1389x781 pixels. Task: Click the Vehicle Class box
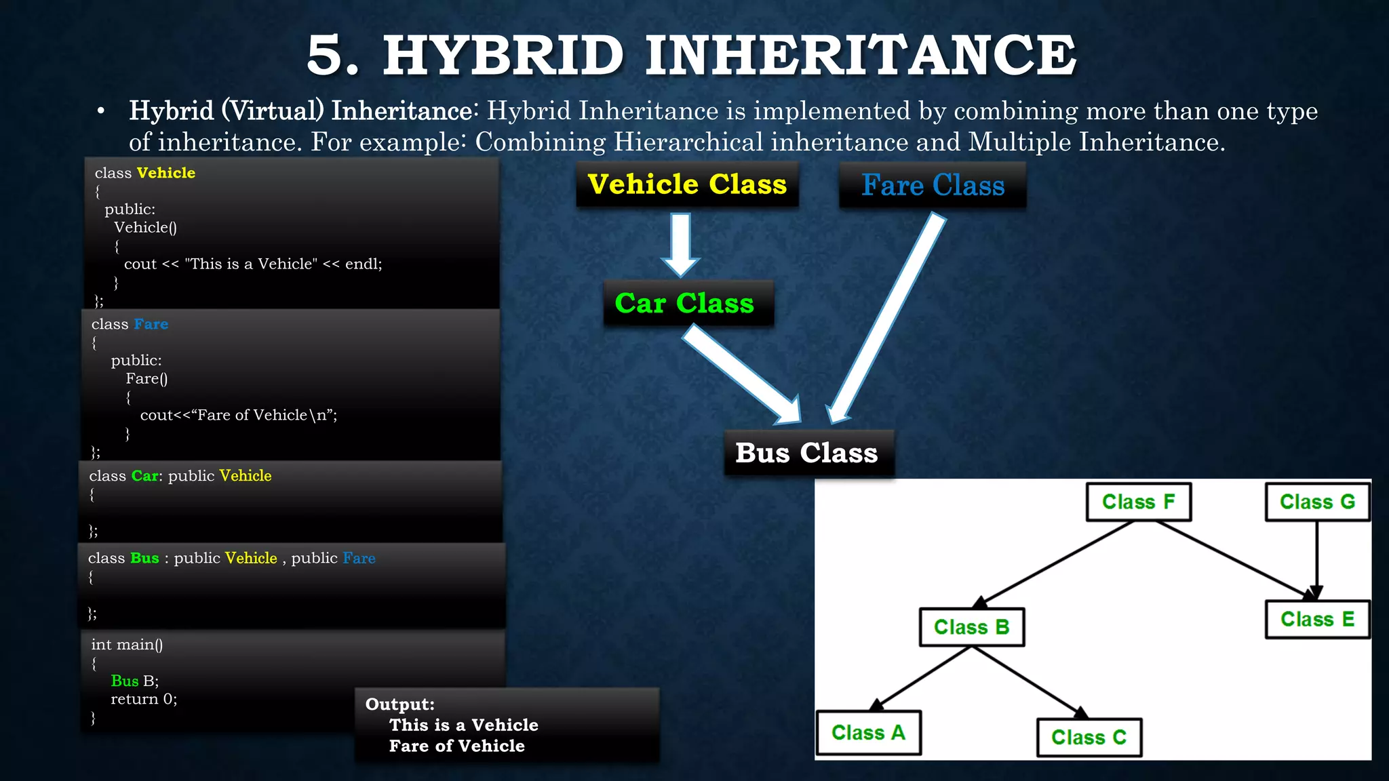[687, 184]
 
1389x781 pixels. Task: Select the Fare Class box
[933, 185]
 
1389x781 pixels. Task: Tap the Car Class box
[685, 303]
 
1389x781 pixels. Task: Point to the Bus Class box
[807, 453]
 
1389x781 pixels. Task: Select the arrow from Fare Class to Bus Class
[885, 319]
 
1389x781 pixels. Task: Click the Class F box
[1138, 502]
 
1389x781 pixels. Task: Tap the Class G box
[1317, 502]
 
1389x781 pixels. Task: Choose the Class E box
[1317, 619]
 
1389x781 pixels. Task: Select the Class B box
[971, 627]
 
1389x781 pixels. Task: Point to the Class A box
[868, 733]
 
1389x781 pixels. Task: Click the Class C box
[1089, 737]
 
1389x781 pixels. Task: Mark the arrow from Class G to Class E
[1317, 556]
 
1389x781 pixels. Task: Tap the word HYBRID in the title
[503, 56]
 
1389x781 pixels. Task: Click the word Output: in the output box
[399, 704]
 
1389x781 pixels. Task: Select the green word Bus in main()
[125, 681]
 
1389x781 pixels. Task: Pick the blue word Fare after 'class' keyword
[151, 324]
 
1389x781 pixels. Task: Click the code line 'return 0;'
[144, 699]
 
